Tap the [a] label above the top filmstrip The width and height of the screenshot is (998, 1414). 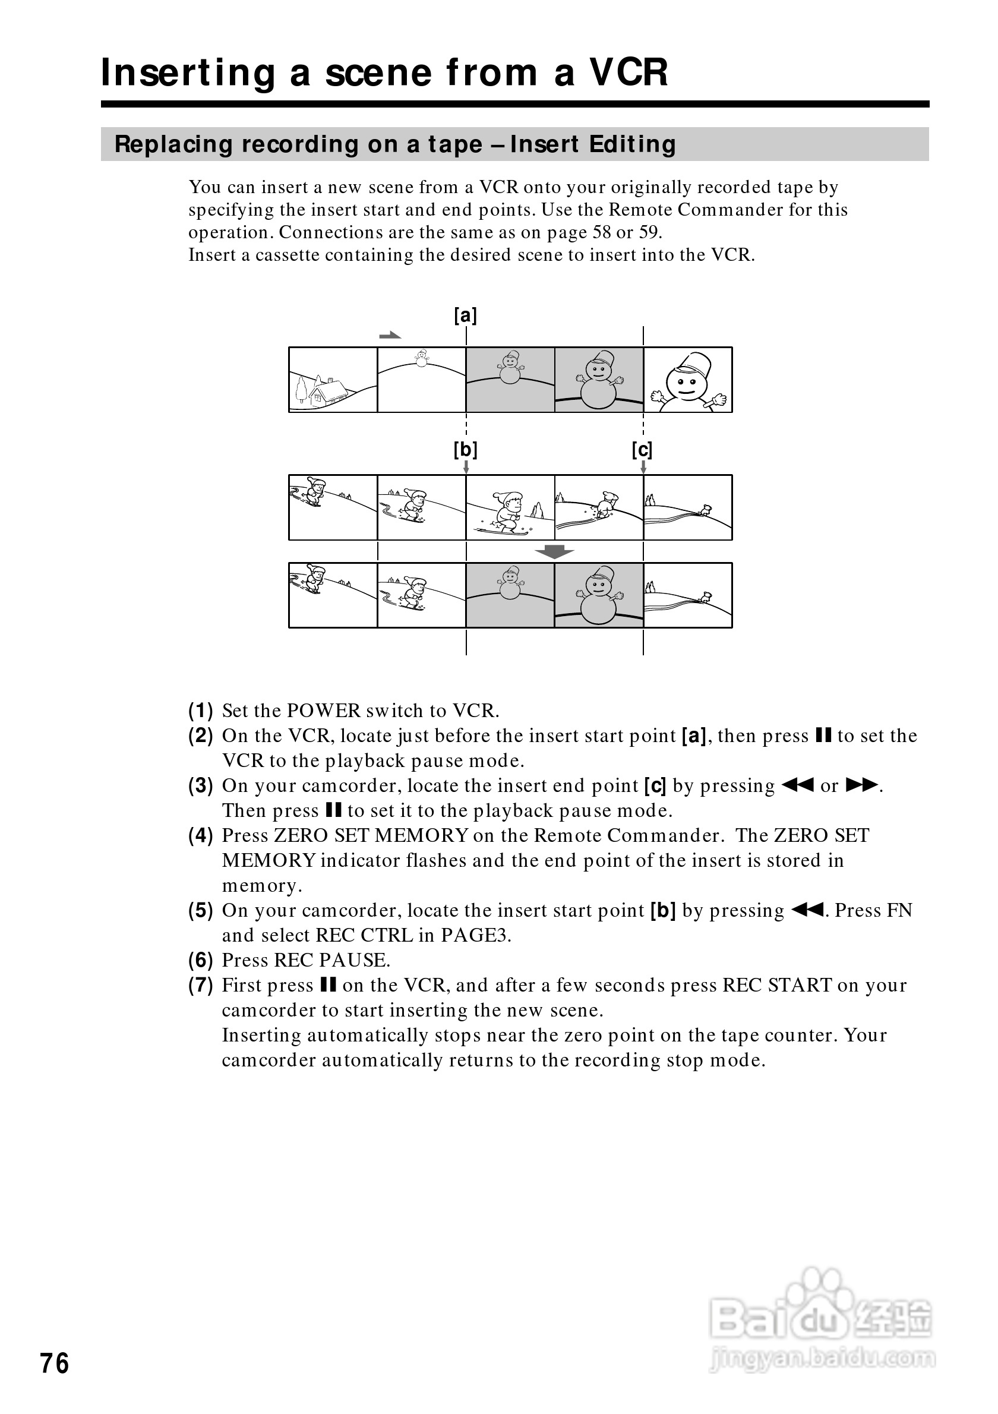(x=466, y=316)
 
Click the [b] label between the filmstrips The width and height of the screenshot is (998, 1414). (x=466, y=450)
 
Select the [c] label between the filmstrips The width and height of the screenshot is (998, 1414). (x=642, y=450)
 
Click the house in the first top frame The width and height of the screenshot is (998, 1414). (x=327, y=392)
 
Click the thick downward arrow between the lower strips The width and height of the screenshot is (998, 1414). (x=554, y=552)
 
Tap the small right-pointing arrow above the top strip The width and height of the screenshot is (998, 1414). (x=390, y=336)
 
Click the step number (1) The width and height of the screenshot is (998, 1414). (x=201, y=711)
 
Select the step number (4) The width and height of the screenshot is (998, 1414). (x=201, y=836)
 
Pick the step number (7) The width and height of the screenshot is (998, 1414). (x=201, y=986)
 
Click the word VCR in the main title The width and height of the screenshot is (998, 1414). (x=629, y=72)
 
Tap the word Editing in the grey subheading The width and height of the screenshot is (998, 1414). (x=632, y=144)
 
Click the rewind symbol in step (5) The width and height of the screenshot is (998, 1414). (x=806, y=910)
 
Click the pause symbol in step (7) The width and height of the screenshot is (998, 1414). (x=328, y=986)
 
